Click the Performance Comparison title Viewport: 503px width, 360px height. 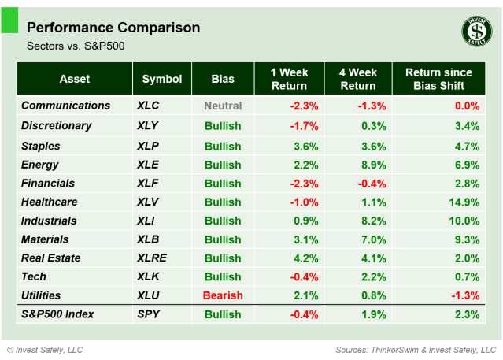tap(113, 28)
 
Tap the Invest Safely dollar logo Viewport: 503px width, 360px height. tap(476, 32)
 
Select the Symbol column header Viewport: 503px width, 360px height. tap(162, 79)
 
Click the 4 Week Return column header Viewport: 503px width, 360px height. tap(358, 79)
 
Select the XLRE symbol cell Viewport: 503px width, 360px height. tap(151, 258)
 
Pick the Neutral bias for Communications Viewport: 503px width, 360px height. tap(223, 106)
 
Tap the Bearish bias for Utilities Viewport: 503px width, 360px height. tap(223, 295)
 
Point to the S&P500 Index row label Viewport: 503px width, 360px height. tap(57, 314)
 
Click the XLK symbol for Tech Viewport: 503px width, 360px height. tap(148, 276)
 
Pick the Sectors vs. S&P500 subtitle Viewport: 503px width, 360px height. tap(76, 46)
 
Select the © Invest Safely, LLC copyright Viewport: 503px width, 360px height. tap(45, 349)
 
